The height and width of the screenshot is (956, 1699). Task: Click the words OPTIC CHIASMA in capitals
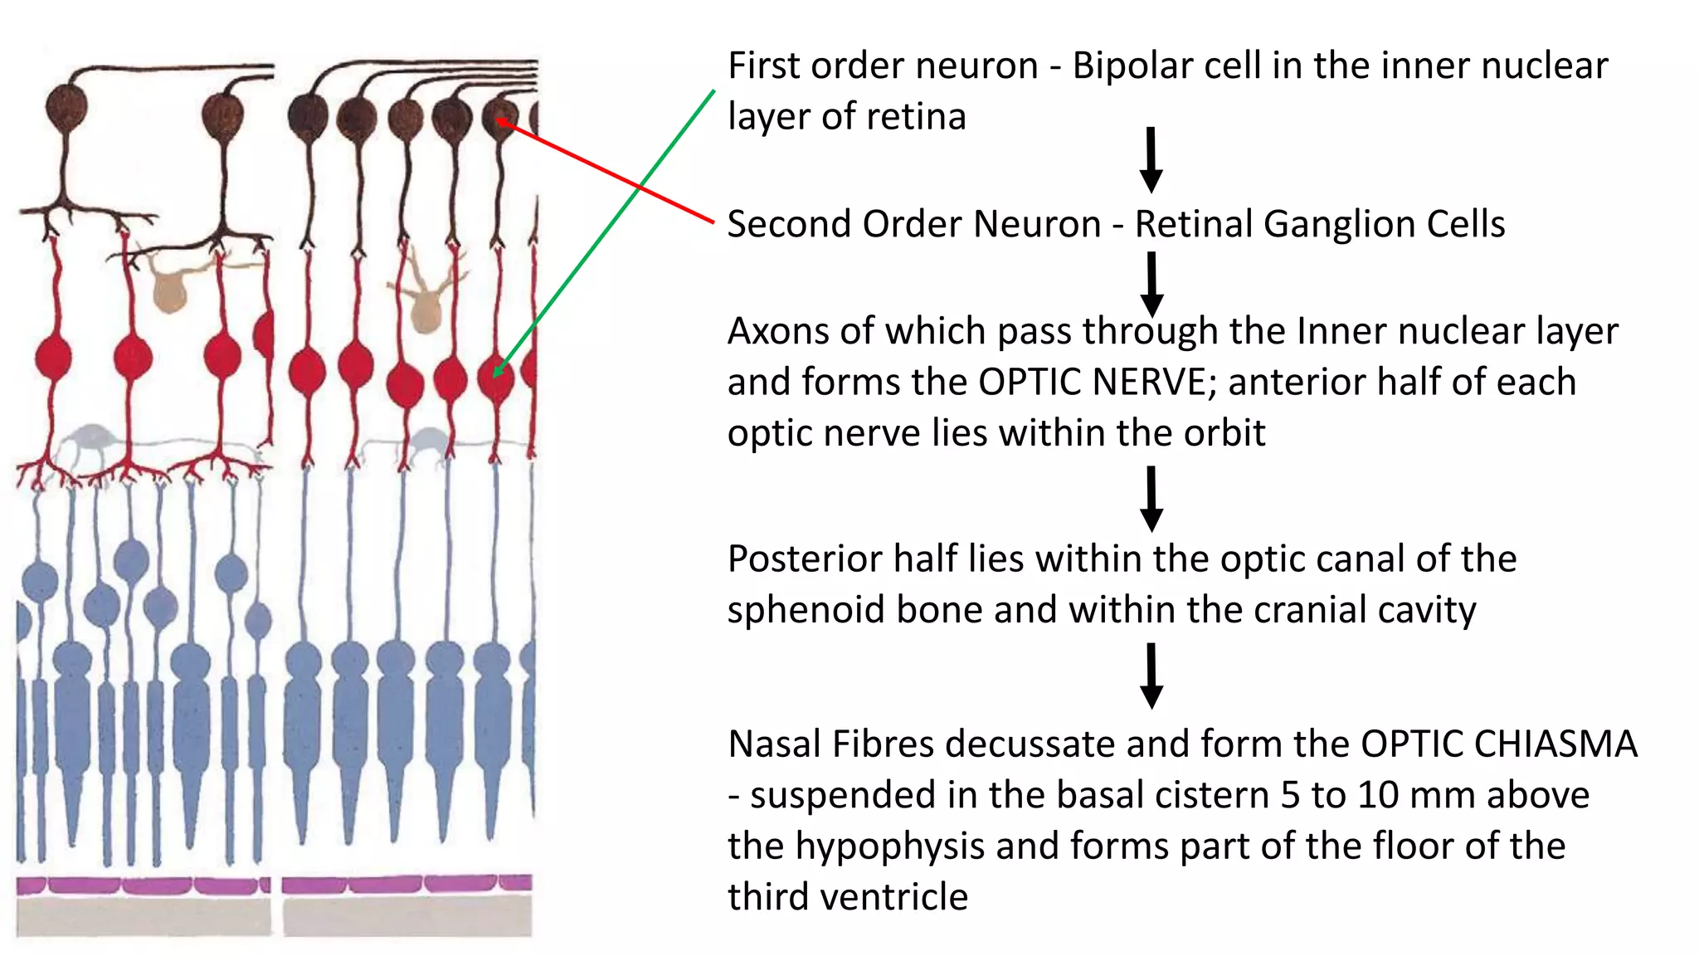click(x=1498, y=744)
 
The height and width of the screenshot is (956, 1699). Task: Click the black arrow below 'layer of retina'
click(x=1151, y=159)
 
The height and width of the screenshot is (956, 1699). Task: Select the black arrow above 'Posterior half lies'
click(x=1151, y=499)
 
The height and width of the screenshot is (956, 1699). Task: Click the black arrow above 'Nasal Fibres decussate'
click(x=1151, y=676)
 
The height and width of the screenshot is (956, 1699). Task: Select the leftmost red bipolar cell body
click(x=54, y=357)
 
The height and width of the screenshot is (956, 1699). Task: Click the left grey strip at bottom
click(x=143, y=916)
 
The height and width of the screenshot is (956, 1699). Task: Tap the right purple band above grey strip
click(x=406, y=884)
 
